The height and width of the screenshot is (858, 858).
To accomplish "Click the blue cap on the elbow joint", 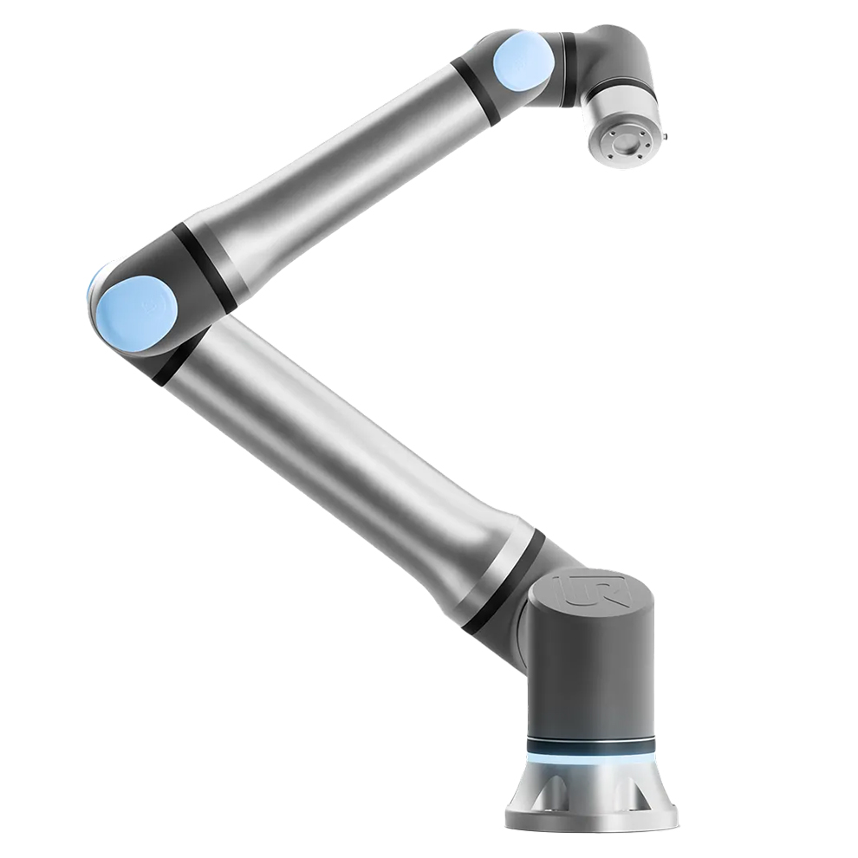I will (x=136, y=312).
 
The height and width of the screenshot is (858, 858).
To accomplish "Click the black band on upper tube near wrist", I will (x=475, y=92).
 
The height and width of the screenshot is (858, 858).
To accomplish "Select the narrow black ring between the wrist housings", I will (x=569, y=69).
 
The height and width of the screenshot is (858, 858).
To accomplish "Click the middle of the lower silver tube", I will (x=347, y=459).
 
